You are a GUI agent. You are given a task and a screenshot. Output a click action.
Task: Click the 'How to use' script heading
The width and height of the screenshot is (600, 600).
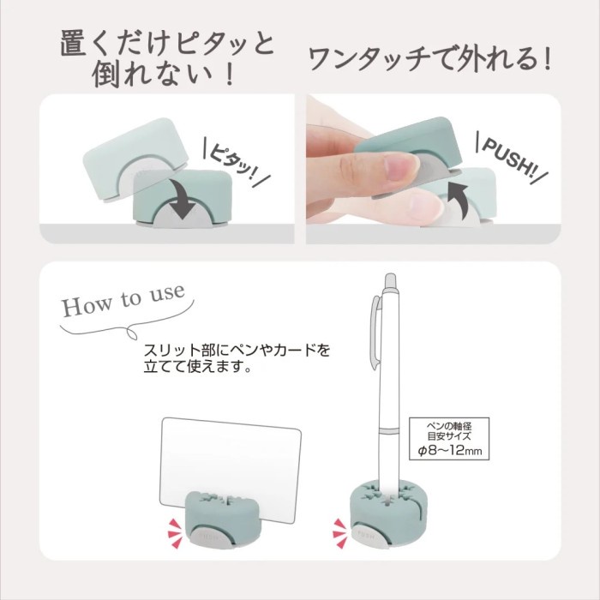click(123, 301)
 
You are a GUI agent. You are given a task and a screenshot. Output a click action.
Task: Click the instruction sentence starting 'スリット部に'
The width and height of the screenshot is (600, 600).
click(237, 361)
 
